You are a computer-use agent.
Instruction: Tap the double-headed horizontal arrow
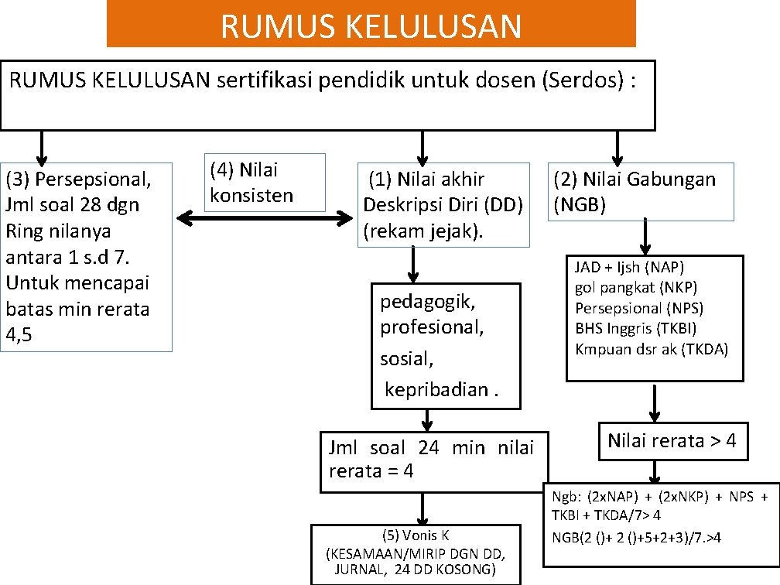pos(265,219)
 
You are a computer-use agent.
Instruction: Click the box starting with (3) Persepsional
pos(86,256)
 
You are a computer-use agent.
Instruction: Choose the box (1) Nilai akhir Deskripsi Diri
pos(443,205)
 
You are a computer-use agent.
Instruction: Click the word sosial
pos(406,359)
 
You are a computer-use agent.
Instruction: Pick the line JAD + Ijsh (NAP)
pos(629,269)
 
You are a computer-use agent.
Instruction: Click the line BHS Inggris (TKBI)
pos(635,328)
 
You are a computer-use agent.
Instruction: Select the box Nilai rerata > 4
pos(672,441)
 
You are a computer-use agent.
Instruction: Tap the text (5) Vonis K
pos(416,535)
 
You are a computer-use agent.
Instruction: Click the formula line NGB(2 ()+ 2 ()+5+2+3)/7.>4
pos(636,537)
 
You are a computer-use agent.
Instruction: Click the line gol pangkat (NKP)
pos(636,288)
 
